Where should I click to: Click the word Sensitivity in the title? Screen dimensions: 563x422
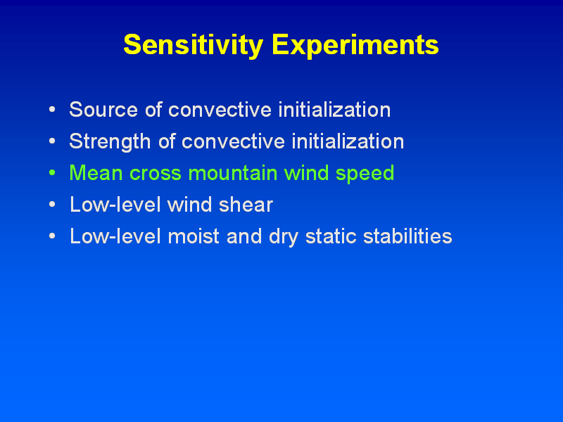pos(193,46)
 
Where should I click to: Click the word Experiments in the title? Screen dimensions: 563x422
pos(355,46)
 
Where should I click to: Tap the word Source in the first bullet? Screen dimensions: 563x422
pos(103,110)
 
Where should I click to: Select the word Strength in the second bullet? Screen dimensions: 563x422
pos(110,142)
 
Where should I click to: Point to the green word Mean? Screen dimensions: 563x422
pos(96,173)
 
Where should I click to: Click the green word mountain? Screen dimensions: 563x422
pos(233,173)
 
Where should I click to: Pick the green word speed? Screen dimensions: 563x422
pos(365,174)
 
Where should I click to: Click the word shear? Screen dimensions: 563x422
pos(246,205)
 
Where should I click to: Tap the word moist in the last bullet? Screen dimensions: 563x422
pos(194,236)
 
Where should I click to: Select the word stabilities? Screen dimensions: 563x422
pos(407,236)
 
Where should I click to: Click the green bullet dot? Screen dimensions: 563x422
pos(52,173)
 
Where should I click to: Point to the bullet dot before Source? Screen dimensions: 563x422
pos(52,110)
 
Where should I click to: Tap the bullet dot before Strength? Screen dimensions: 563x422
pos(52,141)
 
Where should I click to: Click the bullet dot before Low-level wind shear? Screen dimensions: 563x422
pos(52,205)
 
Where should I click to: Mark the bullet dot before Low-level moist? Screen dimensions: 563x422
pos(52,236)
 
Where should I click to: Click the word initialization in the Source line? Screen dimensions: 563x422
pos(334,110)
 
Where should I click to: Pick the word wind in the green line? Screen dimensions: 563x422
pos(306,173)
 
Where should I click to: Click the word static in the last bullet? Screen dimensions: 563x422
pos(331,236)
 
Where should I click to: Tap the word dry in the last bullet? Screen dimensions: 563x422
pos(284,237)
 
